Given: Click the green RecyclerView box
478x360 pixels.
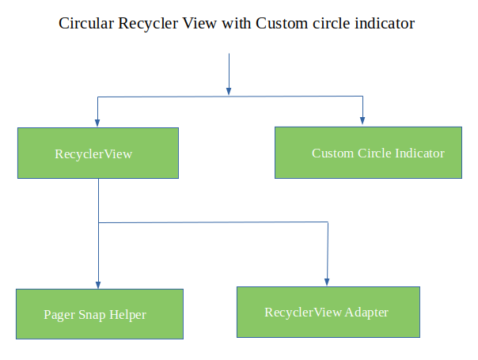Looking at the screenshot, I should pyautogui.click(x=98, y=153).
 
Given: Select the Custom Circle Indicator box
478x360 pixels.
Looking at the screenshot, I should pyautogui.click(x=368, y=153).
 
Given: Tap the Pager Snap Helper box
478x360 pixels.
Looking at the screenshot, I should pyautogui.click(x=99, y=314).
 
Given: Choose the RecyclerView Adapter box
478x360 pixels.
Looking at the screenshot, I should pyautogui.click(x=328, y=312).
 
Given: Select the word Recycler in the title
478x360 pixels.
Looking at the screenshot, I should pyautogui.click(x=147, y=25).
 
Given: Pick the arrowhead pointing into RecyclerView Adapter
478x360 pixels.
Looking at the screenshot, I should pyautogui.click(x=328, y=281).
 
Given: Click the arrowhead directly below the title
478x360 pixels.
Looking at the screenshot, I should pyautogui.click(x=229, y=90).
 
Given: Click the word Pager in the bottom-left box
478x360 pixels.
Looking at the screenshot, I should pyautogui.click(x=59, y=315).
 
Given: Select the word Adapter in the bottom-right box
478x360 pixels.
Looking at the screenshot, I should pyautogui.click(x=366, y=313).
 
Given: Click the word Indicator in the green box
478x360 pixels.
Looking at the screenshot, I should pyautogui.click(x=419, y=153).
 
